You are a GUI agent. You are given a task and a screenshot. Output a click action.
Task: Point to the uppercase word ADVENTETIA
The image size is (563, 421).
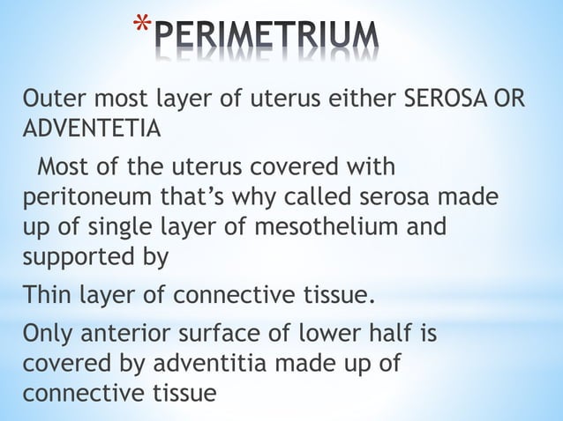(x=91, y=129)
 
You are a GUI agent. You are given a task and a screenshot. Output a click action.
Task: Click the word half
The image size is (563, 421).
(x=400, y=336)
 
